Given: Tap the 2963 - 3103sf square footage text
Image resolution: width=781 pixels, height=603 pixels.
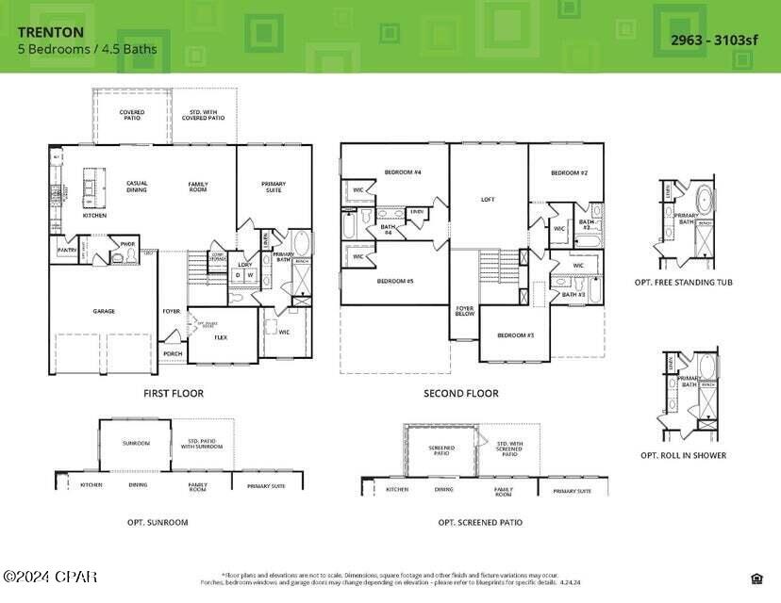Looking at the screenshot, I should (715, 39).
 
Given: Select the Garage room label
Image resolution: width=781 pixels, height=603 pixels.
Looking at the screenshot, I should (104, 310).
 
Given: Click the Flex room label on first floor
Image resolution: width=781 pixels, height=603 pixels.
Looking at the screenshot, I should (221, 337).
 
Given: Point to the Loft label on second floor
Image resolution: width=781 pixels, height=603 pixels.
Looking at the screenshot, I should (488, 199).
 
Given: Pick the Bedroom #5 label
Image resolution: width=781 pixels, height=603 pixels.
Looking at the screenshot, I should (395, 281).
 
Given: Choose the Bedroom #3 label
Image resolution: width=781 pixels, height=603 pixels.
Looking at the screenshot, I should (516, 335).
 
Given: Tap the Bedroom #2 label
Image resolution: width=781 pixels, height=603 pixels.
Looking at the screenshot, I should (570, 172).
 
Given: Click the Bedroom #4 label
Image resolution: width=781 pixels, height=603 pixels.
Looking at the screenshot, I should (403, 172).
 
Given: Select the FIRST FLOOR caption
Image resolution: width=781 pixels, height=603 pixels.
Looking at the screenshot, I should (173, 393).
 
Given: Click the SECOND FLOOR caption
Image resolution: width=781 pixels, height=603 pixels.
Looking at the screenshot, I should (461, 393).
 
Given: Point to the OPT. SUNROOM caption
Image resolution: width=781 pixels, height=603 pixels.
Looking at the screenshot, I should (158, 522).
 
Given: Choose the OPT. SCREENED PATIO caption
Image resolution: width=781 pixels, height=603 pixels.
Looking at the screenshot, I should (480, 522).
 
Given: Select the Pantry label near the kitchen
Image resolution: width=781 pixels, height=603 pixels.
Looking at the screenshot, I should (67, 250).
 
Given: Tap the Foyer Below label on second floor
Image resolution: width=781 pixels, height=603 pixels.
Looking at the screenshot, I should (465, 310).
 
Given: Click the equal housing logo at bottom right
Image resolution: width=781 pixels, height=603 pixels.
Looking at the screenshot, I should (756, 578).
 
